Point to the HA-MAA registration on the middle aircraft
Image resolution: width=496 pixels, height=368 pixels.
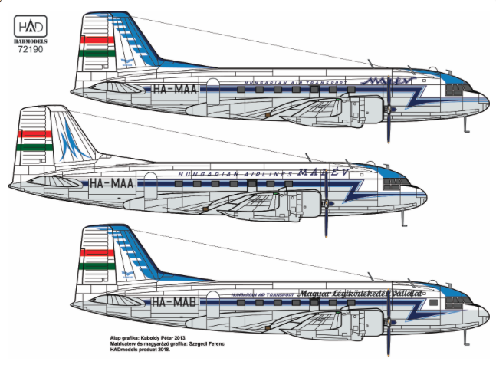click(x=113, y=183)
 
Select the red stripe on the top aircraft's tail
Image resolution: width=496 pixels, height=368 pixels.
click(x=98, y=38)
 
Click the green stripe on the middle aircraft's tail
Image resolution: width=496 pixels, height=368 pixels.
click(x=35, y=146)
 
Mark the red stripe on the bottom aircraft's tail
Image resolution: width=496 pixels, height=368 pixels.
click(x=97, y=252)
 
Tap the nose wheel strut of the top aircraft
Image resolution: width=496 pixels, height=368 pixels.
click(x=465, y=120)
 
